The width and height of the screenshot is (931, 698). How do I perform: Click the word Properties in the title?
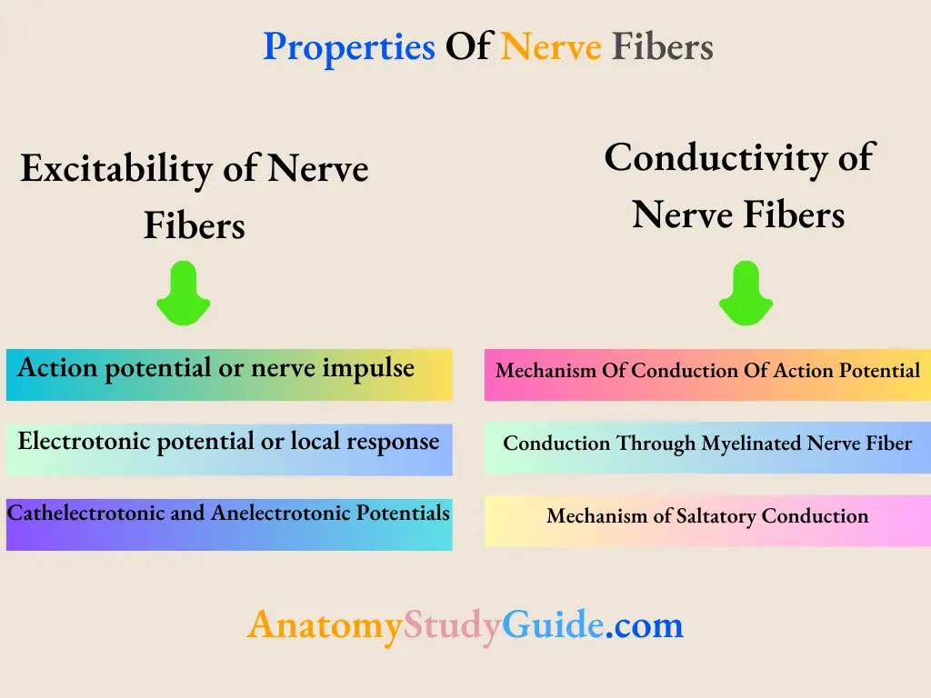[x=349, y=46]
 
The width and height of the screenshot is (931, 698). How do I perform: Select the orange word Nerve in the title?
[x=551, y=46]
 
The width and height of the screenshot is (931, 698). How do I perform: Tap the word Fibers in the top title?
[x=662, y=46]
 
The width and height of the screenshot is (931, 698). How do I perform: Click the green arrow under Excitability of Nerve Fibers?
[x=183, y=293]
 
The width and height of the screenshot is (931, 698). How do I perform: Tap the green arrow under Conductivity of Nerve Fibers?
[x=746, y=293]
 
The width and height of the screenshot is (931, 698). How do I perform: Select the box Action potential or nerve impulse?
[x=229, y=374]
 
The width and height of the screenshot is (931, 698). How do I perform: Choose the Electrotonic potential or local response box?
[x=229, y=449]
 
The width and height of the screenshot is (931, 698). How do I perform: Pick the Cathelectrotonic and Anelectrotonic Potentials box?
[x=229, y=524]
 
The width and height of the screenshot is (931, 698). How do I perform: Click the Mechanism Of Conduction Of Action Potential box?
[x=707, y=374]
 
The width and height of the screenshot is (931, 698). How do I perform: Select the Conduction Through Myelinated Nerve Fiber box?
[x=707, y=447]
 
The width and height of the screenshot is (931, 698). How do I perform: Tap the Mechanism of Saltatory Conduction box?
[x=707, y=520]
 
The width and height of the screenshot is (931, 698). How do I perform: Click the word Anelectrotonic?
[x=285, y=514]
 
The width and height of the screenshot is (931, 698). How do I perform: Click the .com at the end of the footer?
[x=644, y=625]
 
